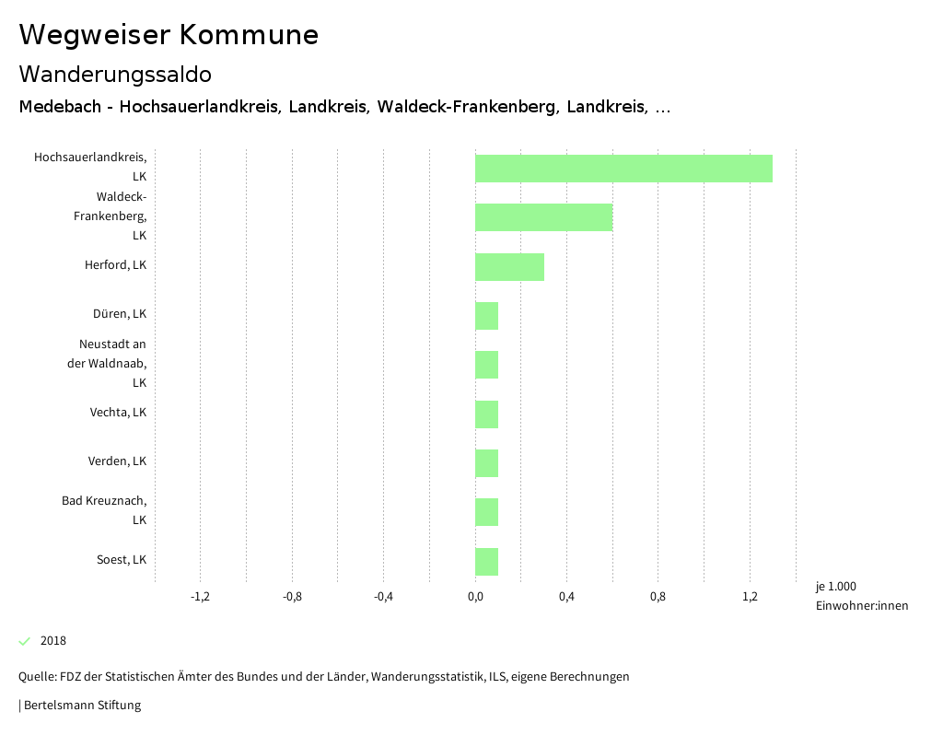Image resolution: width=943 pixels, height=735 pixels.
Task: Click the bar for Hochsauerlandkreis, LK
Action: (623, 169)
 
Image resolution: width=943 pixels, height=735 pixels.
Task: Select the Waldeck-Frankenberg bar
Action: (543, 217)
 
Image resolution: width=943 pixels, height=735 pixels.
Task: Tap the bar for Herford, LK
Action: (509, 266)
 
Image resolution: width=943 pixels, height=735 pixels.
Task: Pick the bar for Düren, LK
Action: (486, 316)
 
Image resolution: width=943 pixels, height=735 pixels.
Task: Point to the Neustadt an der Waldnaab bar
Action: (486, 365)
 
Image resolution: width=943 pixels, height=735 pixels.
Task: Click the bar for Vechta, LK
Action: (486, 414)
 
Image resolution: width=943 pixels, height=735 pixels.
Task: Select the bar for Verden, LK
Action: (486, 463)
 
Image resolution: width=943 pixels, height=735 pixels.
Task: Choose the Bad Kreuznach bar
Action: (486, 512)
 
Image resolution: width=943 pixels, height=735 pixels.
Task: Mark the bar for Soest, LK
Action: (486, 562)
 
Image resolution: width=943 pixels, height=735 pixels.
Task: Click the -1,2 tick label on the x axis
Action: (200, 597)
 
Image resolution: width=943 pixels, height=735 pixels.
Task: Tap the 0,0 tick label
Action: (475, 597)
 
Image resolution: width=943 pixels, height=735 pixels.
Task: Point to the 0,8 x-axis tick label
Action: (658, 597)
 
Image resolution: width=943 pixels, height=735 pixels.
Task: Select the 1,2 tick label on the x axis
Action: (750, 597)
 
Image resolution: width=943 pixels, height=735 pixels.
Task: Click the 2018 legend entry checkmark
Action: (25, 641)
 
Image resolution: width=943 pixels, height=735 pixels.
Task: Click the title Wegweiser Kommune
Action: (169, 35)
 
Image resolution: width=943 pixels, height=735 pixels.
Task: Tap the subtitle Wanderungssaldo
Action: (115, 74)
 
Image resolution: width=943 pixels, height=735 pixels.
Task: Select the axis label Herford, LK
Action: (115, 265)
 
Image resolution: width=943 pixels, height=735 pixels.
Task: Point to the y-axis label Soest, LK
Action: (121, 560)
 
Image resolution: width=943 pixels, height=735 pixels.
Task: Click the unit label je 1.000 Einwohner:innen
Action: (861, 596)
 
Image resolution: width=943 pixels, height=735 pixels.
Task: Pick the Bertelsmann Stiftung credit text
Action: (81, 706)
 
